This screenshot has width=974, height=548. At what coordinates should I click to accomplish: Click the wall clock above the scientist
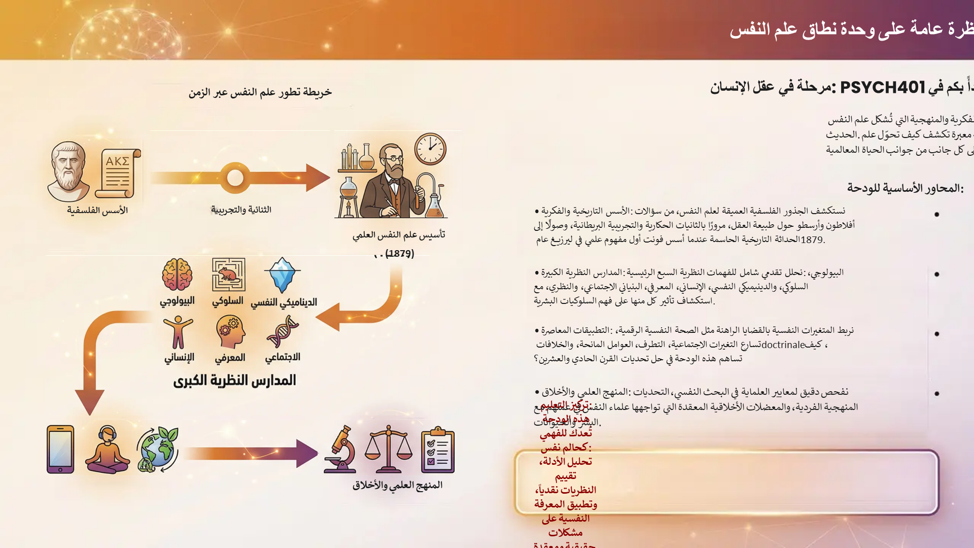pyautogui.click(x=430, y=149)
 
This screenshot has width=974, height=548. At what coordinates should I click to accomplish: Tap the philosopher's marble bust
pyautogui.click(x=68, y=172)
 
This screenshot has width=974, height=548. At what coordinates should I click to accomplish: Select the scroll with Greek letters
pyautogui.click(x=118, y=173)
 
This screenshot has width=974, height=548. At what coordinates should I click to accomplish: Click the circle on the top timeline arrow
pyautogui.click(x=235, y=178)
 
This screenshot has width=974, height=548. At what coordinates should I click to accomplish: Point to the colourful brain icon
pyautogui.click(x=177, y=275)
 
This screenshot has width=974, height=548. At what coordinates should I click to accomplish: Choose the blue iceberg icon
pyautogui.click(x=282, y=275)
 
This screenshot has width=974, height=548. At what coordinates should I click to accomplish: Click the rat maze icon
pyautogui.click(x=228, y=275)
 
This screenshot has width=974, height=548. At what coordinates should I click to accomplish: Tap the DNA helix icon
pyautogui.click(x=283, y=332)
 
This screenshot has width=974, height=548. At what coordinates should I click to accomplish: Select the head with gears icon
pyautogui.click(x=230, y=332)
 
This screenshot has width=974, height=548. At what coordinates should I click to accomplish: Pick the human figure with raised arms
pyautogui.click(x=178, y=332)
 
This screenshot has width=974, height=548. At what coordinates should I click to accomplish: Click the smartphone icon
pyautogui.click(x=60, y=449)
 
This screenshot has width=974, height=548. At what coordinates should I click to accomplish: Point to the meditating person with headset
pyautogui.click(x=107, y=450)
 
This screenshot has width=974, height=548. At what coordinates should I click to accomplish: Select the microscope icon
pyautogui.click(x=340, y=450)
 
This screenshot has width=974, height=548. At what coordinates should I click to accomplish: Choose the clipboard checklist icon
pyautogui.click(x=438, y=450)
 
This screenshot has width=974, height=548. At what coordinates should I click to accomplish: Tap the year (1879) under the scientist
pyautogui.click(x=400, y=253)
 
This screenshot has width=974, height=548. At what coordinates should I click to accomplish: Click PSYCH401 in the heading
pyautogui.click(x=883, y=87)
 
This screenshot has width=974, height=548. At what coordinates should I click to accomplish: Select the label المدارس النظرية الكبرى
pyautogui.click(x=234, y=380)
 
